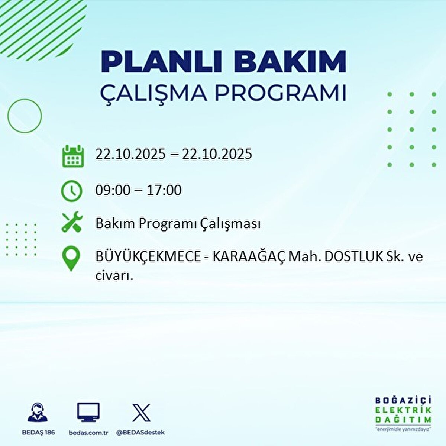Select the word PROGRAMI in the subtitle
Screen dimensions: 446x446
pos(281,93)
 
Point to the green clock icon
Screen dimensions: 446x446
pos(71,191)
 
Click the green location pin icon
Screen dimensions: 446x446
pos(71,259)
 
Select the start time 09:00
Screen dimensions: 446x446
pos(113,190)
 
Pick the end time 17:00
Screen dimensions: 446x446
pos(164,190)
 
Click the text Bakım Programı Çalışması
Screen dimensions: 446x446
pos(178,224)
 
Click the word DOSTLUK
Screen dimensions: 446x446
pos(347,257)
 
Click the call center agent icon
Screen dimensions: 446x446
pos(38,413)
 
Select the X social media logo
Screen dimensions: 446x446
pos(141,413)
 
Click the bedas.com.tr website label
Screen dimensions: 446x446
pos(88,433)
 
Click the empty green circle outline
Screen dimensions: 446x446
pos(25,116)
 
